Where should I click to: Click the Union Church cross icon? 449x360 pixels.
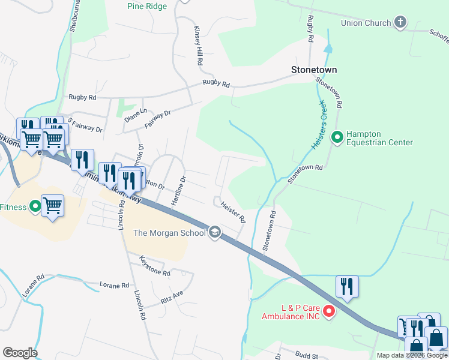pos(400,23)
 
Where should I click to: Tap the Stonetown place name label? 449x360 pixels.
pos(314,70)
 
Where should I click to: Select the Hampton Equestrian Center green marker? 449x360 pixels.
pos(337,138)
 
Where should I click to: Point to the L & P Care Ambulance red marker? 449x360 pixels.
pos(328,311)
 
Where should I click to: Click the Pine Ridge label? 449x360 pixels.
pos(148,7)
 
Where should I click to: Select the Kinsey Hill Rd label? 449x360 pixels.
pos(197,46)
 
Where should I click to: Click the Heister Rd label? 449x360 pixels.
pos(234,212)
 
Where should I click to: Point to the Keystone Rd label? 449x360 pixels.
pos(155,266)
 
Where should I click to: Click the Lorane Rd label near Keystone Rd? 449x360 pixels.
pos(114,285)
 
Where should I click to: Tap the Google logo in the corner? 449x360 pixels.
pos(20,353)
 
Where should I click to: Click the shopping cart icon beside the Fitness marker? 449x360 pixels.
pos(53,205)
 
